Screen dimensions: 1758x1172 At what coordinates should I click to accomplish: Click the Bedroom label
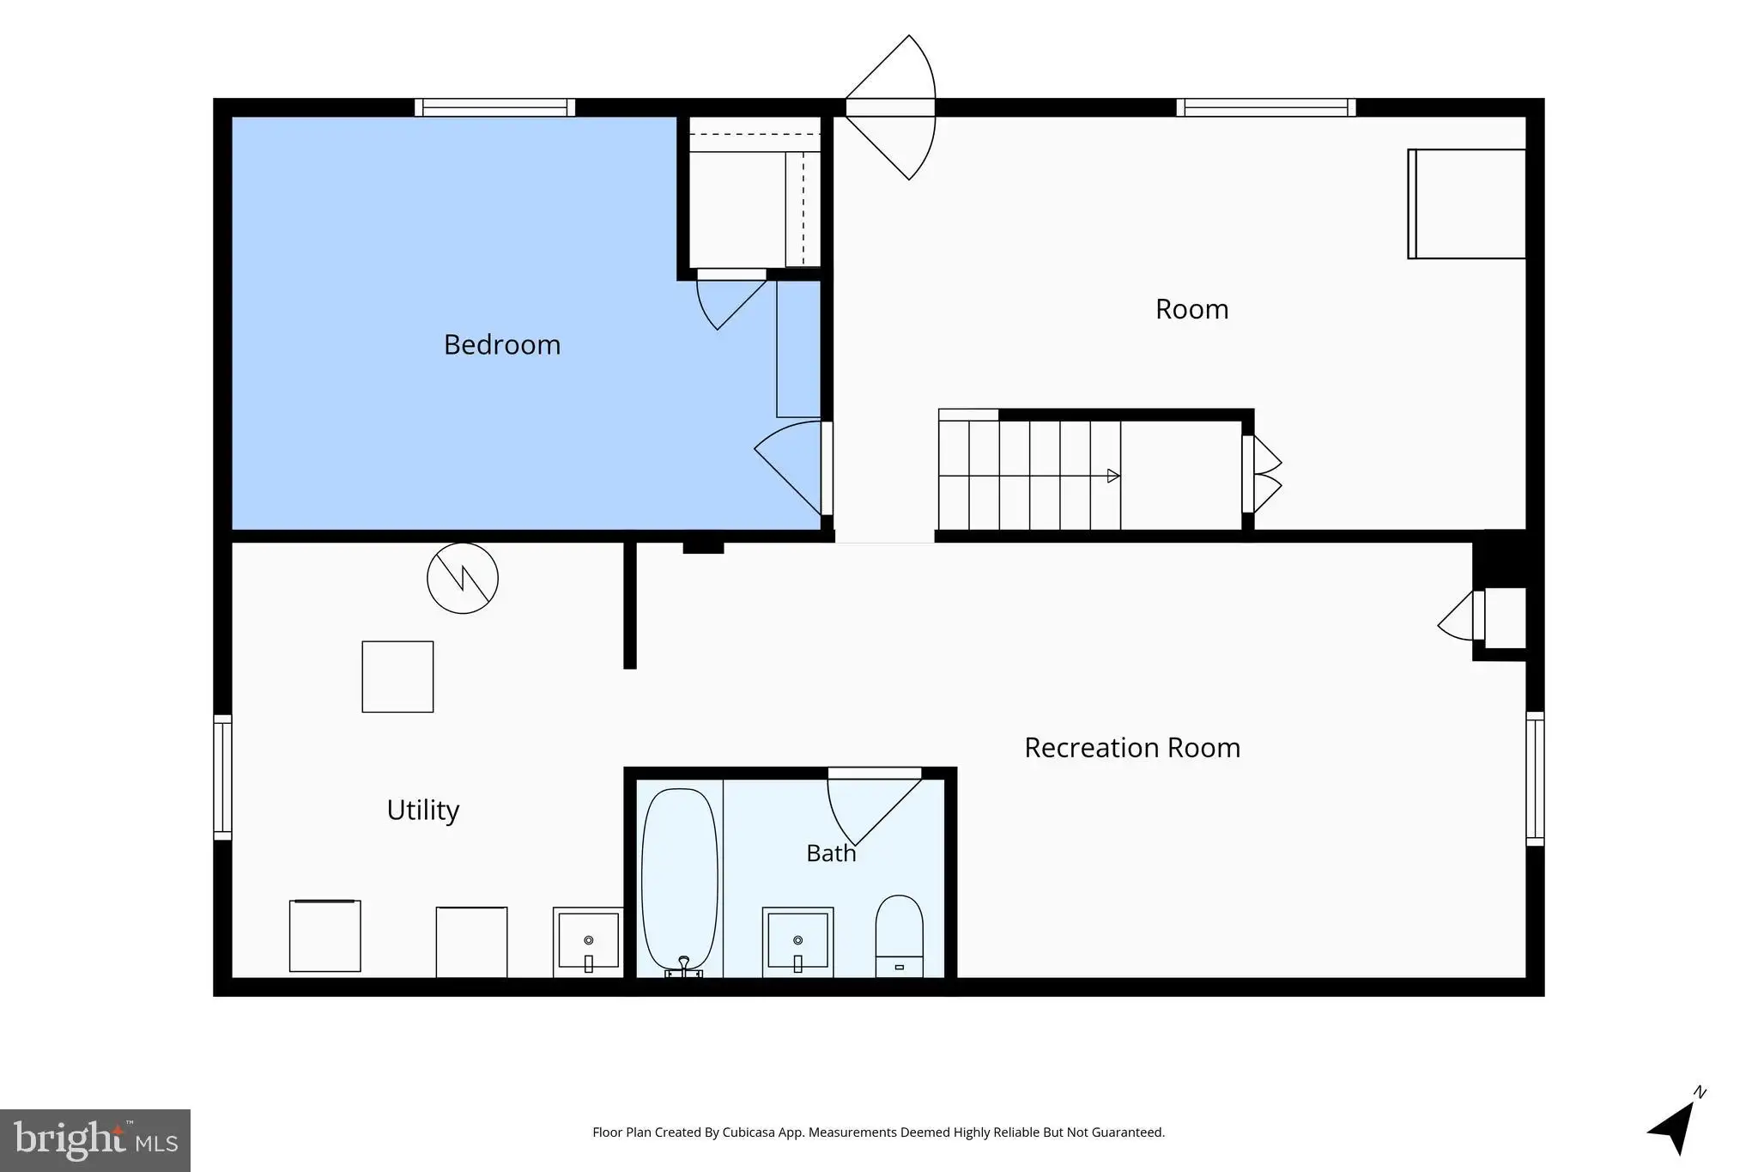click(502, 344)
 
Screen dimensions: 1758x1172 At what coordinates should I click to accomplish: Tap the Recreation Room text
click(1132, 748)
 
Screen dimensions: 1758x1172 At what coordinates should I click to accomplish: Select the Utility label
click(423, 810)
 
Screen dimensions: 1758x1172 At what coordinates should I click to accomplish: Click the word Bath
click(831, 853)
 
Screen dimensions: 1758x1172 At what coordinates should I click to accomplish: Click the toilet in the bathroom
click(899, 936)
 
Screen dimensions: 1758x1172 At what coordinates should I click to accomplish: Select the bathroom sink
click(797, 942)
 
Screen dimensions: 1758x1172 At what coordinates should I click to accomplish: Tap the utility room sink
click(588, 942)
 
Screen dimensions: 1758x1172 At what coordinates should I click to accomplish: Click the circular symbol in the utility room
click(463, 578)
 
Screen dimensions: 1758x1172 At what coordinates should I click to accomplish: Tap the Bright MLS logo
click(95, 1140)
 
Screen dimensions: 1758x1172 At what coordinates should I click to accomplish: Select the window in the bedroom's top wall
click(494, 107)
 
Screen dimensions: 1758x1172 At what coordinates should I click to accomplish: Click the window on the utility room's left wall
click(222, 777)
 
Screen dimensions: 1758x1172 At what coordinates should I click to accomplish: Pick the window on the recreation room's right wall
click(1535, 779)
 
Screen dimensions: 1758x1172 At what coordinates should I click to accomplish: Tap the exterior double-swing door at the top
click(891, 107)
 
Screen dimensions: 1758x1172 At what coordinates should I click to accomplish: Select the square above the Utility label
click(397, 677)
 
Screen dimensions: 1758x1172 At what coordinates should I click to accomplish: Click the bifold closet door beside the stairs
click(1262, 475)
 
